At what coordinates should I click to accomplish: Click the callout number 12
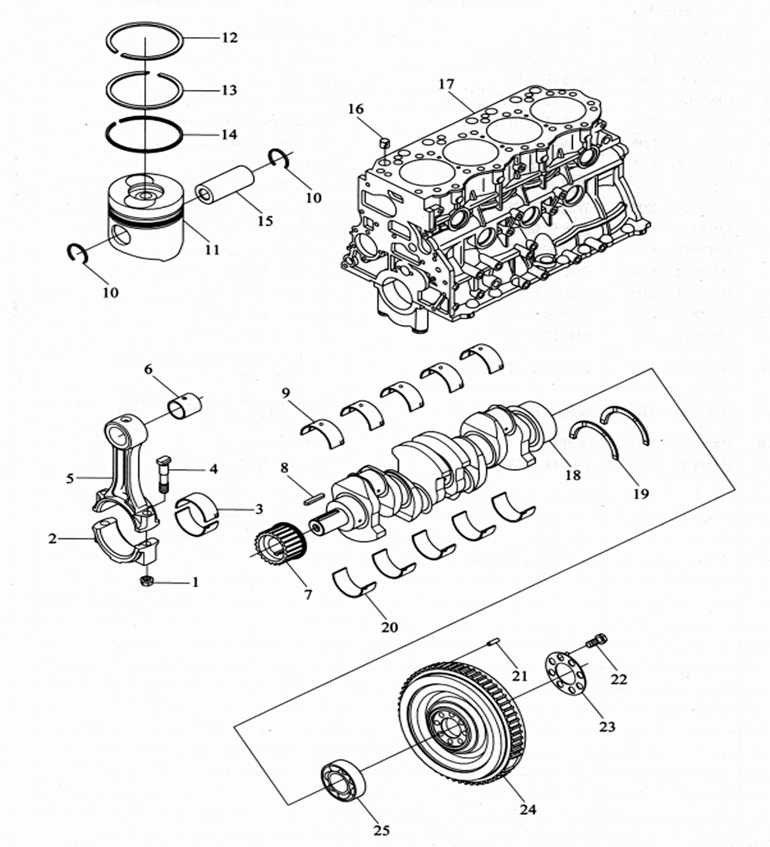point(229,38)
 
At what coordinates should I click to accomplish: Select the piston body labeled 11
point(146,218)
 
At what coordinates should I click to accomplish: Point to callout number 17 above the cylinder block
point(447,84)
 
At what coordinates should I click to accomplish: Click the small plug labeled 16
point(385,142)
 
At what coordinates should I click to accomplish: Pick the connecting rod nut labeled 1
point(146,581)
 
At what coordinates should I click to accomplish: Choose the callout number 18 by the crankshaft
point(573,474)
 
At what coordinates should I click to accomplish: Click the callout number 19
point(641,493)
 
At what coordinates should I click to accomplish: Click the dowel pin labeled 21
point(493,641)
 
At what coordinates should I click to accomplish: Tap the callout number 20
point(389,627)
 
